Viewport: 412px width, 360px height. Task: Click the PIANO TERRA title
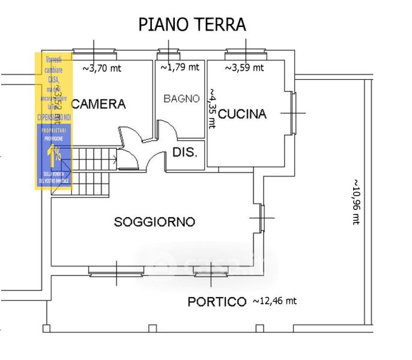(x=192, y=25)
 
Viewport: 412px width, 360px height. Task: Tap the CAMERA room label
(x=99, y=104)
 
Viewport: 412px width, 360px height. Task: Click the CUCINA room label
(x=242, y=114)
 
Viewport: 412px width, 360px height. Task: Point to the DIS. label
(x=184, y=152)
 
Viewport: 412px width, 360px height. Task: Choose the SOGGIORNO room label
(x=154, y=222)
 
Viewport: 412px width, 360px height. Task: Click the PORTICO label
(x=217, y=302)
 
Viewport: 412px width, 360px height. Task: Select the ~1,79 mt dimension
(x=180, y=67)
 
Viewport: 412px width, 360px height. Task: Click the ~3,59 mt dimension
(x=244, y=68)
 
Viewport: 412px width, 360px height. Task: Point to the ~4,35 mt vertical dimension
(x=212, y=108)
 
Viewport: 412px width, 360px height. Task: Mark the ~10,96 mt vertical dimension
(x=356, y=201)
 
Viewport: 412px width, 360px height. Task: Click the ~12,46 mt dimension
(x=274, y=300)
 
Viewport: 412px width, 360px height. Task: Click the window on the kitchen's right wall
(x=293, y=113)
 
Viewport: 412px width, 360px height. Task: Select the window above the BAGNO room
(x=169, y=52)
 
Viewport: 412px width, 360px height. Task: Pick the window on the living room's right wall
(x=262, y=218)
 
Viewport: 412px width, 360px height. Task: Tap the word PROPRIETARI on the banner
(x=55, y=130)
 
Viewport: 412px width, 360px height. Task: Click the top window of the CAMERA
(x=94, y=52)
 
